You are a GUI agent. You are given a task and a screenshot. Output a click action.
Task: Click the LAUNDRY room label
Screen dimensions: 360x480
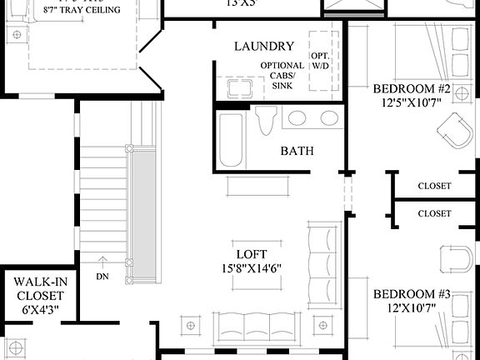pos(263,47)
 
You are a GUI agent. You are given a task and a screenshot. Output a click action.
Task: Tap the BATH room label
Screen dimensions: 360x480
pos(297,151)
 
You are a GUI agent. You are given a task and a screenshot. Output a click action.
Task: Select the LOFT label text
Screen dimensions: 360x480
pos(250,254)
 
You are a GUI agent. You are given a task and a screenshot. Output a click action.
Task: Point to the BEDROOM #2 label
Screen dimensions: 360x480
pos(412,89)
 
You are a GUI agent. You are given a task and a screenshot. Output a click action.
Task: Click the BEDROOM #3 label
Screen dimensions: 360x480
pos(412,294)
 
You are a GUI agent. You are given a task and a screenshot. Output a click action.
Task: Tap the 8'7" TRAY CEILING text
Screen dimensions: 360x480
pos(82,10)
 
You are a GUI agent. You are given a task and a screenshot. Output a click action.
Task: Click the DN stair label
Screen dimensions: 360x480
pos(102,277)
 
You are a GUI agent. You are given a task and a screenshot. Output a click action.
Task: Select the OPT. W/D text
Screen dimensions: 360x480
pos(321,61)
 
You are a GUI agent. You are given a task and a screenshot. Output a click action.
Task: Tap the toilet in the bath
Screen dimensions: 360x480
pos(267,122)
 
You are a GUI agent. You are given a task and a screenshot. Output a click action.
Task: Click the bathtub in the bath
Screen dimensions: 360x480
pos(230,138)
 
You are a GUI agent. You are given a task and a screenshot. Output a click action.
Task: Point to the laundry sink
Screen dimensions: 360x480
pos(233,87)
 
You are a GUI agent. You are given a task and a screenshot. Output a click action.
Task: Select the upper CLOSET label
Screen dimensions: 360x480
pos(434,186)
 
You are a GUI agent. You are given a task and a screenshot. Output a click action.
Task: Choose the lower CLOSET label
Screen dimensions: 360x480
pos(434,214)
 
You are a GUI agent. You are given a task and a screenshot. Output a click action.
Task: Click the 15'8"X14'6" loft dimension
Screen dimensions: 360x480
pos(251,269)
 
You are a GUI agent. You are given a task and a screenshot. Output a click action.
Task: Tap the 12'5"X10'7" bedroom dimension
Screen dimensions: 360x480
pos(412,102)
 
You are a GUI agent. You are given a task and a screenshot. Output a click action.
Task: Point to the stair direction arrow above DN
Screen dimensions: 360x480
pos(102,259)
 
